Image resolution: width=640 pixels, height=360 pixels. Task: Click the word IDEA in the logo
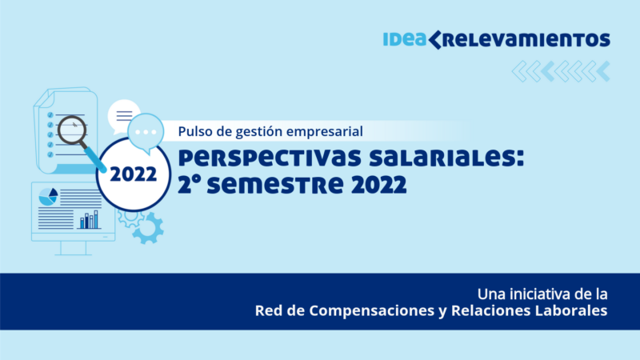[405, 39]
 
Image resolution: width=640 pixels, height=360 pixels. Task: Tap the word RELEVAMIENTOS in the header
[526, 40]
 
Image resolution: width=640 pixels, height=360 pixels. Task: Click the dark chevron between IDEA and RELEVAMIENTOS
[434, 39]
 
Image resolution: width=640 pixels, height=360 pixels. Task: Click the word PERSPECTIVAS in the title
[270, 158]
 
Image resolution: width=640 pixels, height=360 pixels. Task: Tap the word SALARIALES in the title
[446, 158]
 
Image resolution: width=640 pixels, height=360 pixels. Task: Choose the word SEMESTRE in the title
[275, 185]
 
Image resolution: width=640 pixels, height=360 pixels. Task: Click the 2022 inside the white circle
[134, 174]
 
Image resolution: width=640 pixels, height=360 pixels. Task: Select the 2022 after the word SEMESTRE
[378, 185]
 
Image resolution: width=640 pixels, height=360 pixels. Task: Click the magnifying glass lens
[72, 130]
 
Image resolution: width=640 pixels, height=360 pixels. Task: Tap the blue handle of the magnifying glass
[95, 159]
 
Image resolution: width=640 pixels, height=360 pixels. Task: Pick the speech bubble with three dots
[146, 134]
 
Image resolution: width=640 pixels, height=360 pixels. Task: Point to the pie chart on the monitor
[48, 197]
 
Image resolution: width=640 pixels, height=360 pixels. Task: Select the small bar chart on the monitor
[90, 219]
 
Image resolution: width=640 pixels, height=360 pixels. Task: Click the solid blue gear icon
[148, 229]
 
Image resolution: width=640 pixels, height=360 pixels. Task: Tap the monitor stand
[74, 248]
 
